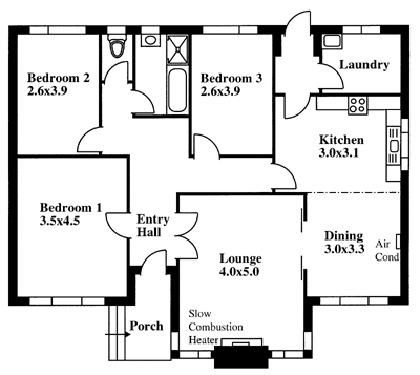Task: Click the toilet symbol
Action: pos(117,46)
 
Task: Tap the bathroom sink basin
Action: pos(151,40)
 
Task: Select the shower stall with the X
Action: pos(177,49)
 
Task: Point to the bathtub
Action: pos(177,90)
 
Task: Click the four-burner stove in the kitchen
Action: pos(358,106)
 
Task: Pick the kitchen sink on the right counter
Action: pos(394,147)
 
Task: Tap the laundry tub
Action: pos(332,41)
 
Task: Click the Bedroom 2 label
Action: pos(58,78)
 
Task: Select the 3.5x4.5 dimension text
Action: pos(60,221)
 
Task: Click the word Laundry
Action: pos(364,65)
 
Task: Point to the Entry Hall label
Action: pos(153,226)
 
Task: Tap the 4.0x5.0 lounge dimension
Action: pos(239,272)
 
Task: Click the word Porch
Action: pos(146,326)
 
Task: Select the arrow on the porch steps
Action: pos(118,335)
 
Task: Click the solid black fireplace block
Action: pos(241,357)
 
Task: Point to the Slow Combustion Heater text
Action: pos(216,327)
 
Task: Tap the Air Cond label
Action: pos(387,251)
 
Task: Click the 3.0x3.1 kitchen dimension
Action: pos(339,153)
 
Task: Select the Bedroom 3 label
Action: pos(232,78)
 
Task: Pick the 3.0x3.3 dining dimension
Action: pos(344,249)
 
